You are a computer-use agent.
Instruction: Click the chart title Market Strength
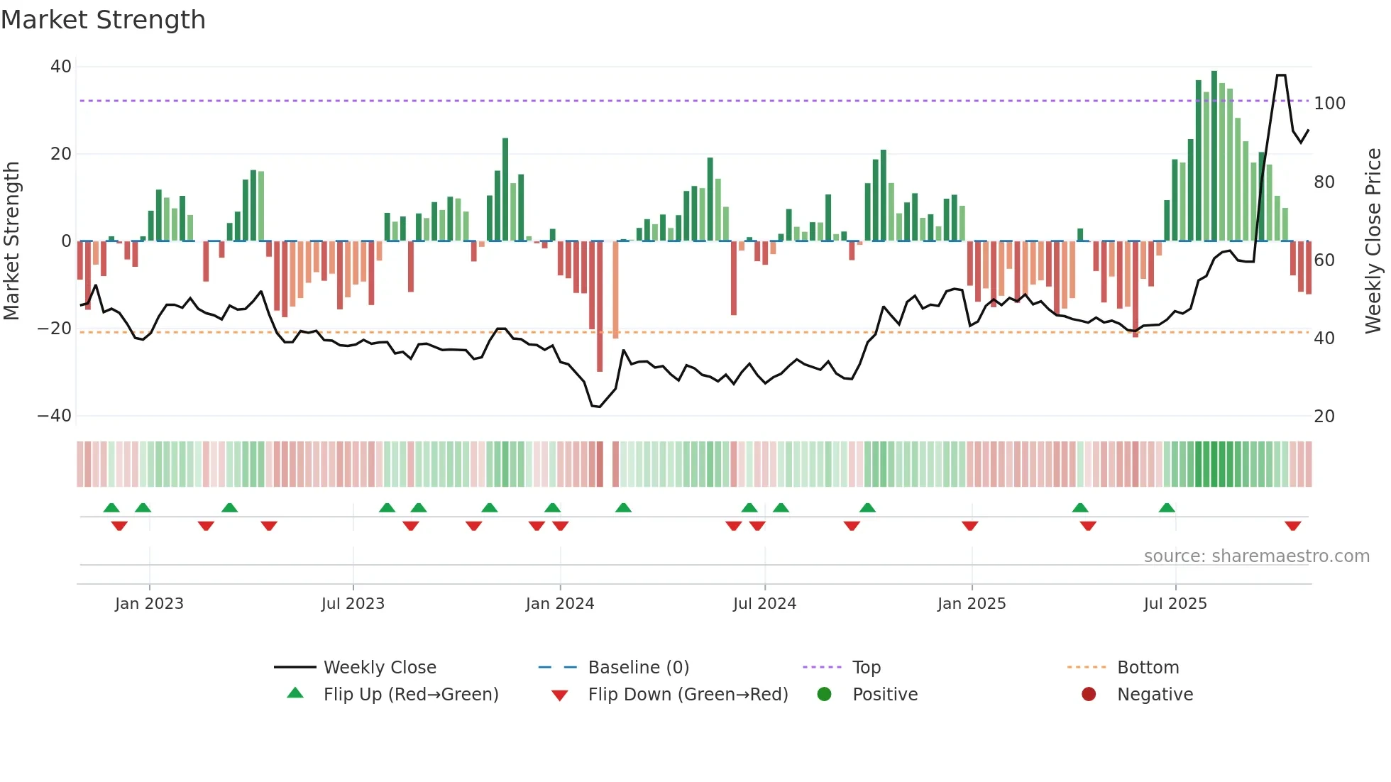coord(103,20)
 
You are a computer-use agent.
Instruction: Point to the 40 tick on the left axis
coord(61,67)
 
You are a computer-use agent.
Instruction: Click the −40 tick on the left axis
coord(55,416)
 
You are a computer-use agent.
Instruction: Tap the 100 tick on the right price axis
coord(1329,104)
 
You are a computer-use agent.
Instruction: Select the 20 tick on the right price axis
coord(1324,417)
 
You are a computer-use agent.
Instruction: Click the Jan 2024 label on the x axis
coord(559,604)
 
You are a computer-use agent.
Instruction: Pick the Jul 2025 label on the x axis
coord(1175,604)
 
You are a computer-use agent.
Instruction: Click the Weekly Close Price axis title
coord(1373,241)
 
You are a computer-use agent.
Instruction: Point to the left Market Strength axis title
coord(11,241)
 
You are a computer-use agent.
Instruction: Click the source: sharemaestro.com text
coord(1256,556)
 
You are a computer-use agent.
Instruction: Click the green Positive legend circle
coord(824,695)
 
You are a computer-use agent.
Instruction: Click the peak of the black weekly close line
coord(1281,75)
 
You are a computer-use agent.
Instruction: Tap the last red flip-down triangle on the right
coord(1292,526)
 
